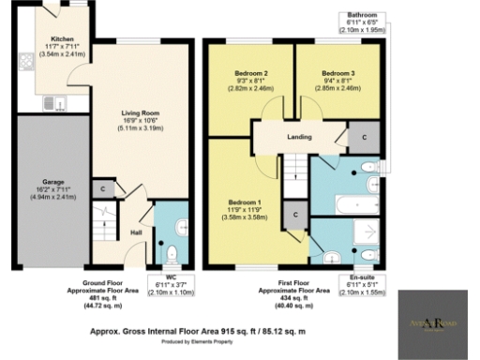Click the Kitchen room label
[x=61, y=40]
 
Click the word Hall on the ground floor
[x=136, y=232]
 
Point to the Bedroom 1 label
[x=243, y=201]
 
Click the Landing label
[x=300, y=138]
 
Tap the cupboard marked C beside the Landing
[x=363, y=137]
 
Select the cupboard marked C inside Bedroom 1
[x=296, y=215]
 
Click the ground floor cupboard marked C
[x=104, y=188]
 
